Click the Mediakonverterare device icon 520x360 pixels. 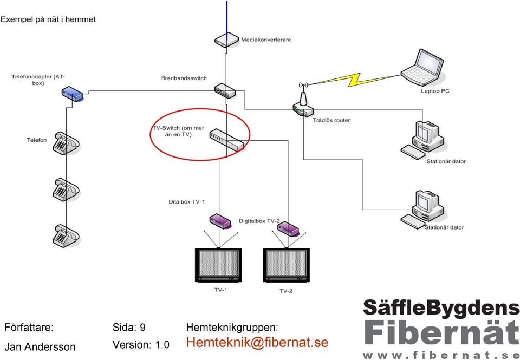click(227, 40)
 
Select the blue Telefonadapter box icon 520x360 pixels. click(72, 94)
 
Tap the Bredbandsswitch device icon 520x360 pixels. click(225, 90)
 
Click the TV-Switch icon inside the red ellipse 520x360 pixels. click(227, 139)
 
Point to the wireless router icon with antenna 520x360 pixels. click(303, 103)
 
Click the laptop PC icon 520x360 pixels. click(421, 68)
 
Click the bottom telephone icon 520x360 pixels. click(66, 235)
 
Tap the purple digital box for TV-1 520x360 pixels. click(220, 221)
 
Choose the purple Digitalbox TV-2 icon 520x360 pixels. click(288, 229)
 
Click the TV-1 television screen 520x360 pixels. click(218, 264)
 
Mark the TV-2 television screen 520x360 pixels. click(287, 264)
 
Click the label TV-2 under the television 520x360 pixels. click(286, 291)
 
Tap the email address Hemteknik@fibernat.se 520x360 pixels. click(257, 342)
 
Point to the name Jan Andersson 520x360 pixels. click(40, 347)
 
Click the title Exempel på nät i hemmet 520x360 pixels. click(48, 20)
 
